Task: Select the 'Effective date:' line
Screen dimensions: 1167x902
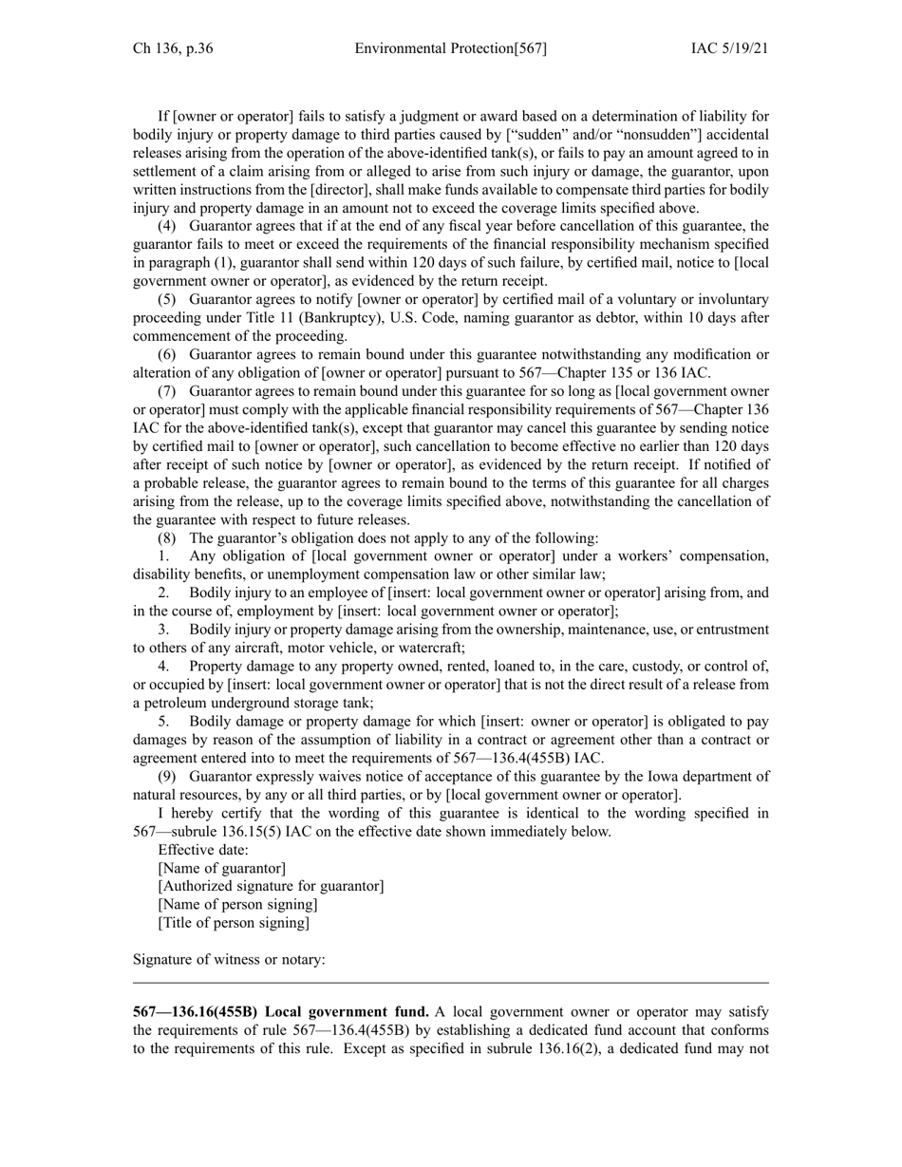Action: (203, 850)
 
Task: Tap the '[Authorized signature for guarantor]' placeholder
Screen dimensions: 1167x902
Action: (271, 886)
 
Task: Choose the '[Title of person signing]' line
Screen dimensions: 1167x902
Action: (234, 922)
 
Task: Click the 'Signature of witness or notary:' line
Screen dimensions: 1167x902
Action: (229, 959)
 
